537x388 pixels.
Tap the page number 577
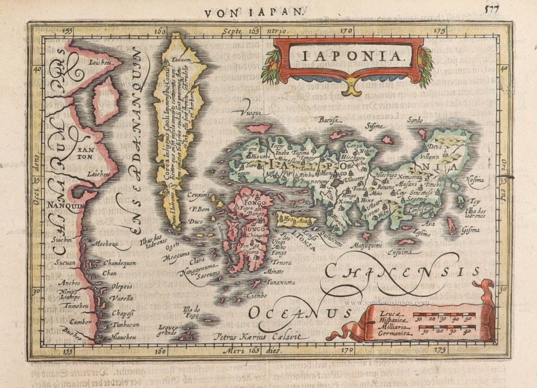click(492, 9)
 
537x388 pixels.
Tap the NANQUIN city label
click(63, 205)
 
